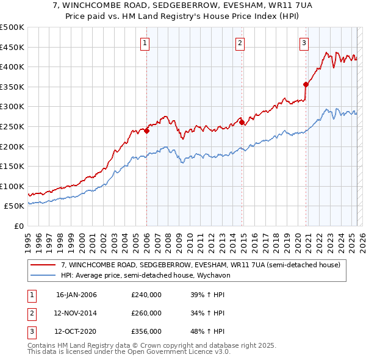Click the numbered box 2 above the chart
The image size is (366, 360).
click(240, 43)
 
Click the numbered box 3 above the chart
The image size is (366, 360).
click(304, 43)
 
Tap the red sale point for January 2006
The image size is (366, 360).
click(146, 131)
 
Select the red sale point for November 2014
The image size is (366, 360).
click(242, 123)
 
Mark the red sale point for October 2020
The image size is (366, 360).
click(306, 85)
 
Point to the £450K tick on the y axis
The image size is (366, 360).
click(12, 47)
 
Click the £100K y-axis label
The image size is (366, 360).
click(12, 186)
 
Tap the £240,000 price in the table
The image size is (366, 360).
click(146, 295)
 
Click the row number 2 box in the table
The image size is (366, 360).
click(30, 313)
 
